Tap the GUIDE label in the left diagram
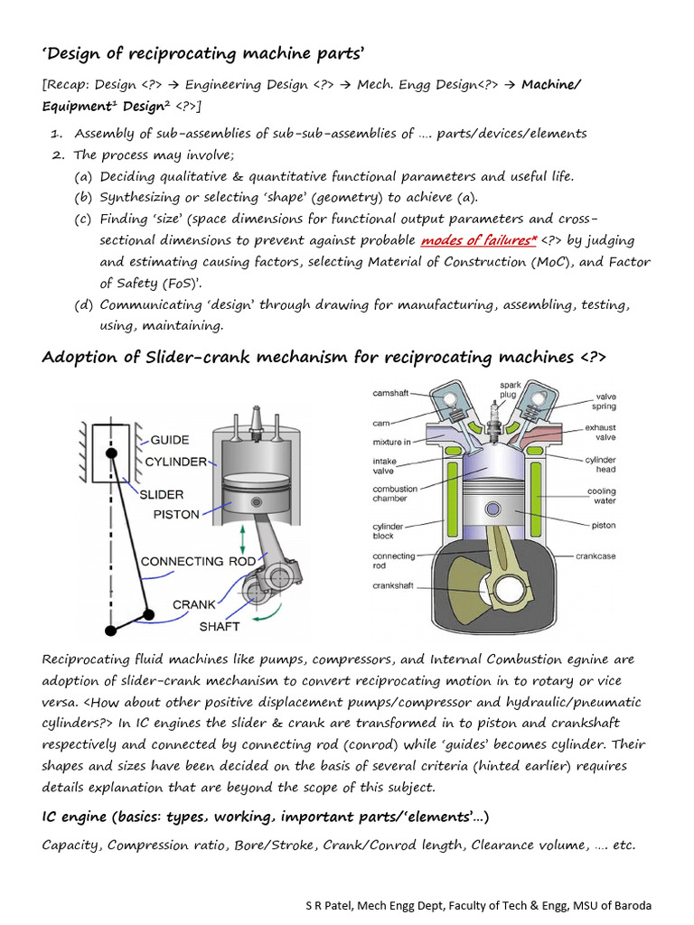(x=169, y=440)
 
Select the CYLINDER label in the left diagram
(x=175, y=462)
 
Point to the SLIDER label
(x=161, y=494)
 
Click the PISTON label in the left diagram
(x=175, y=515)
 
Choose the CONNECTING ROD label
(x=198, y=561)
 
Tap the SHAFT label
(x=220, y=625)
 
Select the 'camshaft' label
(x=391, y=393)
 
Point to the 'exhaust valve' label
(x=600, y=432)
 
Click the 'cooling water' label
(x=602, y=497)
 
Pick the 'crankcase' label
(x=596, y=556)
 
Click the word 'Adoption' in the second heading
(x=77, y=358)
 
